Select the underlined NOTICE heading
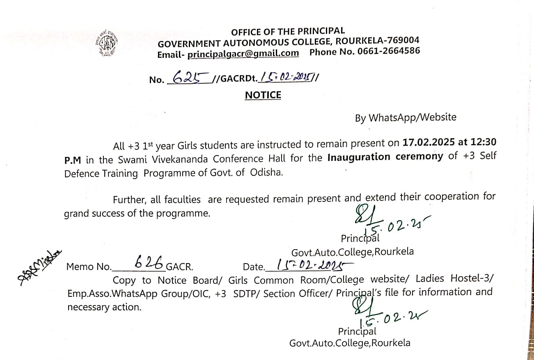point(263,95)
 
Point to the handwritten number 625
point(188,77)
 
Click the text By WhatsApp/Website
point(406,118)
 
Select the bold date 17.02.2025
point(428,142)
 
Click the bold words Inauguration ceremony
point(385,157)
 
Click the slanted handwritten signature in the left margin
point(39,267)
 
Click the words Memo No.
point(89,267)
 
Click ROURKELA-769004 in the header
point(377,41)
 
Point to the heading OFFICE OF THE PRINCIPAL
point(288,31)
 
